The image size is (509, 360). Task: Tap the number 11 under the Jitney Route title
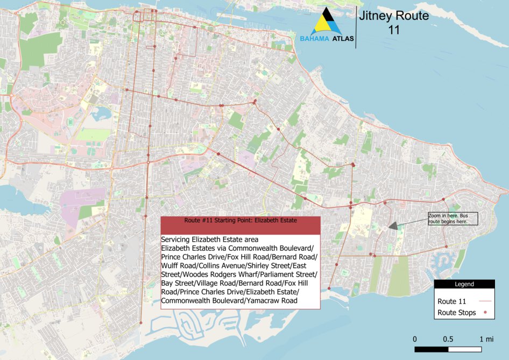coord(394,30)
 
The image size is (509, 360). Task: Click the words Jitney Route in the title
coord(394,16)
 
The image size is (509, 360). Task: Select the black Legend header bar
coord(464,284)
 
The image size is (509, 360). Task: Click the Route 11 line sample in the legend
coord(486,301)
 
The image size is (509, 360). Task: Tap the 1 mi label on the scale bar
coord(486,339)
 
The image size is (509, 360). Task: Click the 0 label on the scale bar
coord(415,339)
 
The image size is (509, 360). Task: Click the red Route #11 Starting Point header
coord(241,221)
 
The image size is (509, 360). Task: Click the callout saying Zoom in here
coord(452,218)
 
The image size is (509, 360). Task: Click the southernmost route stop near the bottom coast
coord(141,323)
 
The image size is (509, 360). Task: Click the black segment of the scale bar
coord(431,350)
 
